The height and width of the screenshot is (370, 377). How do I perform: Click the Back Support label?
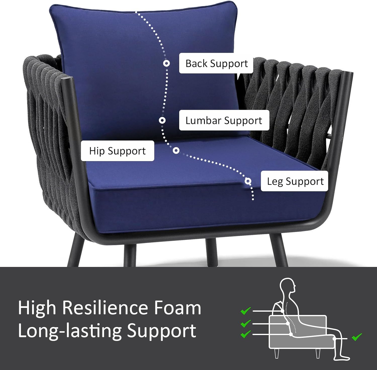[x=216, y=63]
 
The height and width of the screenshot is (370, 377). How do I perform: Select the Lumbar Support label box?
[x=224, y=120]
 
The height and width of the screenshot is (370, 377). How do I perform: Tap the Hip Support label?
[x=117, y=151]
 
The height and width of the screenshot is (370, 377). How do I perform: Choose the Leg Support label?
[x=295, y=181]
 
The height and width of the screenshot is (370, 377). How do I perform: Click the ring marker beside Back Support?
[x=166, y=63]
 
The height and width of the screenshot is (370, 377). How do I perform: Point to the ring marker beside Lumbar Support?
[x=162, y=120]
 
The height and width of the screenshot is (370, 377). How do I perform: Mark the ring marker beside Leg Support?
[x=248, y=181]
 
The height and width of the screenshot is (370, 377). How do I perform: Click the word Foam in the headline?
[x=177, y=308]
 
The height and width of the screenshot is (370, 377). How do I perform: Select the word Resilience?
[x=105, y=308]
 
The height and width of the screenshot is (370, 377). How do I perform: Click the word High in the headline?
[x=37, y=308]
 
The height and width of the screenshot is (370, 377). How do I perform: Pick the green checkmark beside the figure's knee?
[x=357, y=337]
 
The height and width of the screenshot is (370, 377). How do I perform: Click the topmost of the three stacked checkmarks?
[x=246, y=311]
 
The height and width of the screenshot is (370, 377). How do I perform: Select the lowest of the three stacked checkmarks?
[x=246, y=334]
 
